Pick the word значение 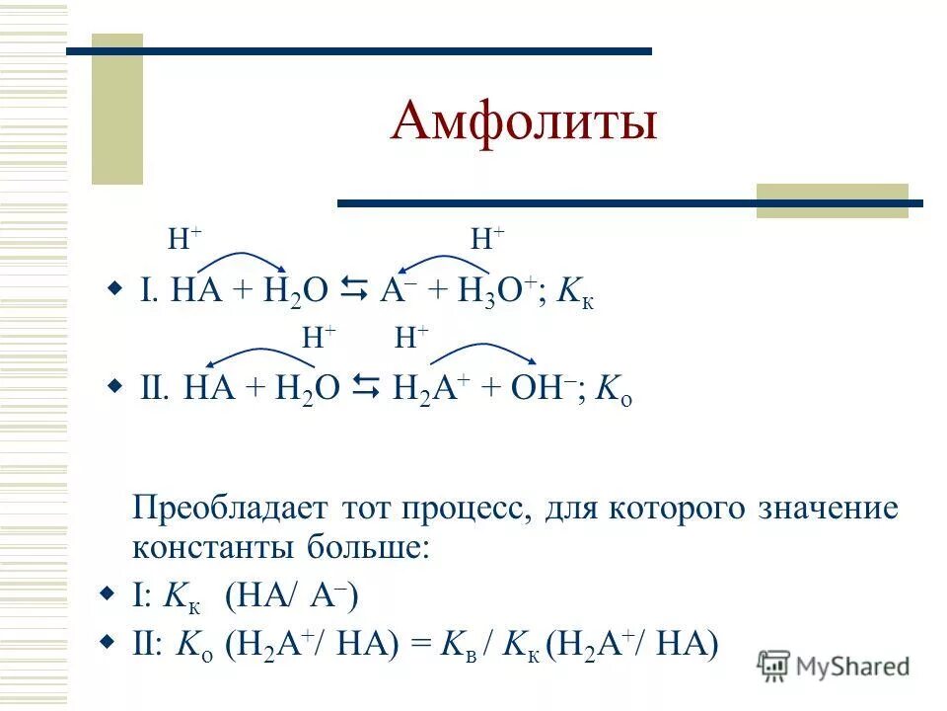(x=828, y=510)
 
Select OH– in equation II (x=539, y=388)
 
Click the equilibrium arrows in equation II (x=366, y=387)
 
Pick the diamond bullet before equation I (x=114, y=289)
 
